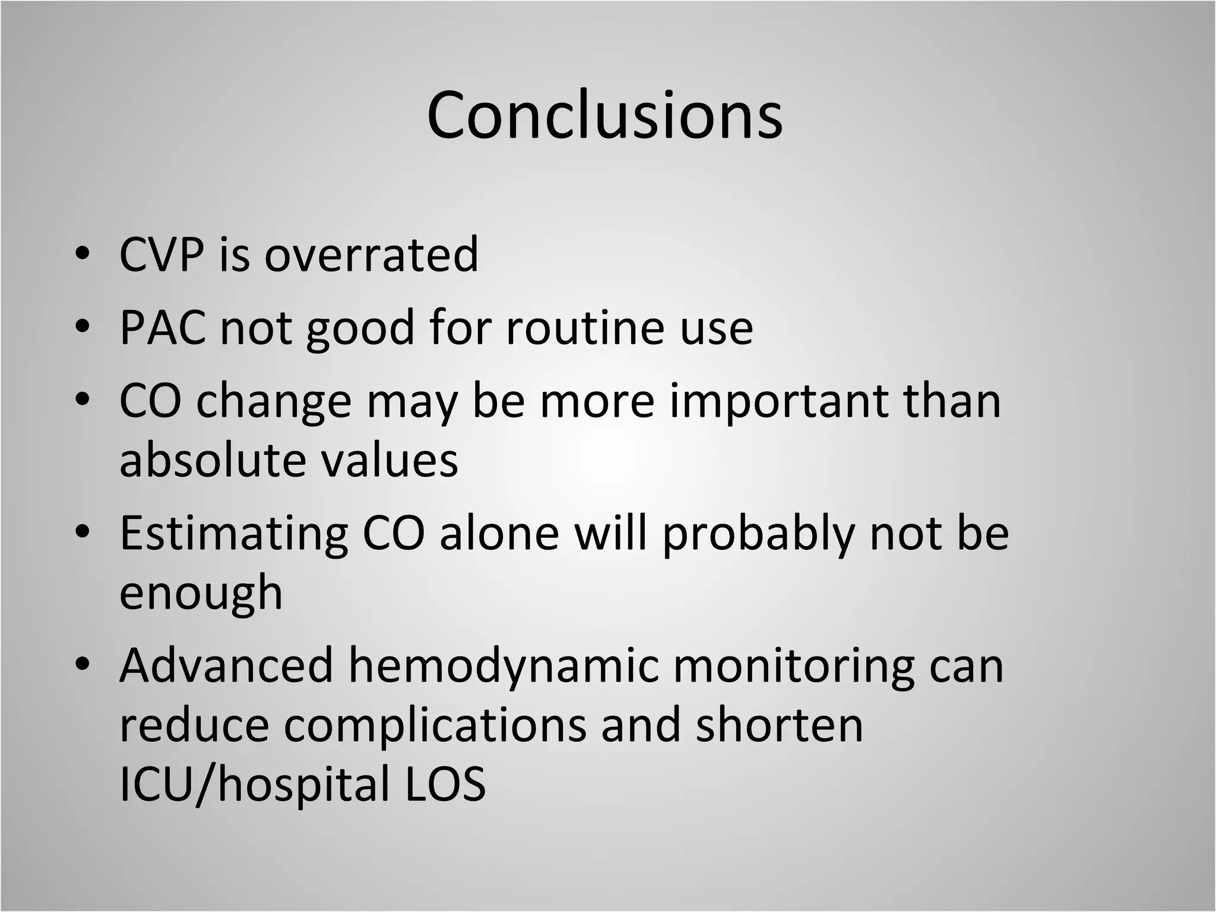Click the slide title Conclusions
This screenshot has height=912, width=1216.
pos(604,115)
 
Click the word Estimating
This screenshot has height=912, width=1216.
pos(233,533)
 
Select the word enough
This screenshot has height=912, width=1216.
pos(201,594)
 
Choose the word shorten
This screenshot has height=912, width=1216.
pos(779,726)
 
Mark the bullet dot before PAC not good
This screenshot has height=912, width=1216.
pos(83,328)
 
